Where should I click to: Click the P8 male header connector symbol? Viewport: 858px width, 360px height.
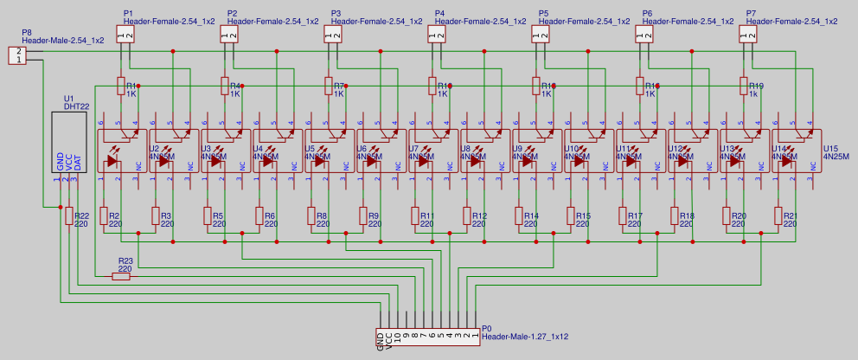[x=17, y=55]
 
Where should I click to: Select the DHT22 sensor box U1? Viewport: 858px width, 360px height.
[x=68, y=142]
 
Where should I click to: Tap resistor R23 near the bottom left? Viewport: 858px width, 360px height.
[x=121, y=277]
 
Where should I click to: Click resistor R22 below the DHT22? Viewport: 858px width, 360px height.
[x=69, y=215]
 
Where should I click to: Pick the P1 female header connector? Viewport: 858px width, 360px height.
[x=125, y=34]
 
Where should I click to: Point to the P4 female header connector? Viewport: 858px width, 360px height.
[x=437, y=34]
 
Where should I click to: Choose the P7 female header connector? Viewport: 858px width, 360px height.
[x=748, y=34]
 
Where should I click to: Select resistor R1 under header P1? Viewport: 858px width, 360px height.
[x=121, y=86]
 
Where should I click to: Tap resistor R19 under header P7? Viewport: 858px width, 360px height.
[x=744, y=86]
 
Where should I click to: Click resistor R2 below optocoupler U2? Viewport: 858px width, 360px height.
[x=104, y=215]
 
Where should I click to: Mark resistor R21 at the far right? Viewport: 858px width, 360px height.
[x=778, y=215]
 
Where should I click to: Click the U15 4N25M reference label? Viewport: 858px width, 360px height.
[x=836, y=152]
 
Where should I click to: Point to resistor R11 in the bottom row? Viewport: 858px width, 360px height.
[x=415, y=215]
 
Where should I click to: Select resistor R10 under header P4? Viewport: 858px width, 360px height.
[x=432, y=86]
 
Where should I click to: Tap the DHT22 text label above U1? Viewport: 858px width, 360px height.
[x=76, y=106]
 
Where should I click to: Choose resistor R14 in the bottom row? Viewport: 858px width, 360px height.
[x=519, y=215]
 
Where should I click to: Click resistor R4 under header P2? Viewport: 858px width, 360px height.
[x=225, y=86]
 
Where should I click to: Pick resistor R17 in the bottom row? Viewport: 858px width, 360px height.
[x=623, y=215]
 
